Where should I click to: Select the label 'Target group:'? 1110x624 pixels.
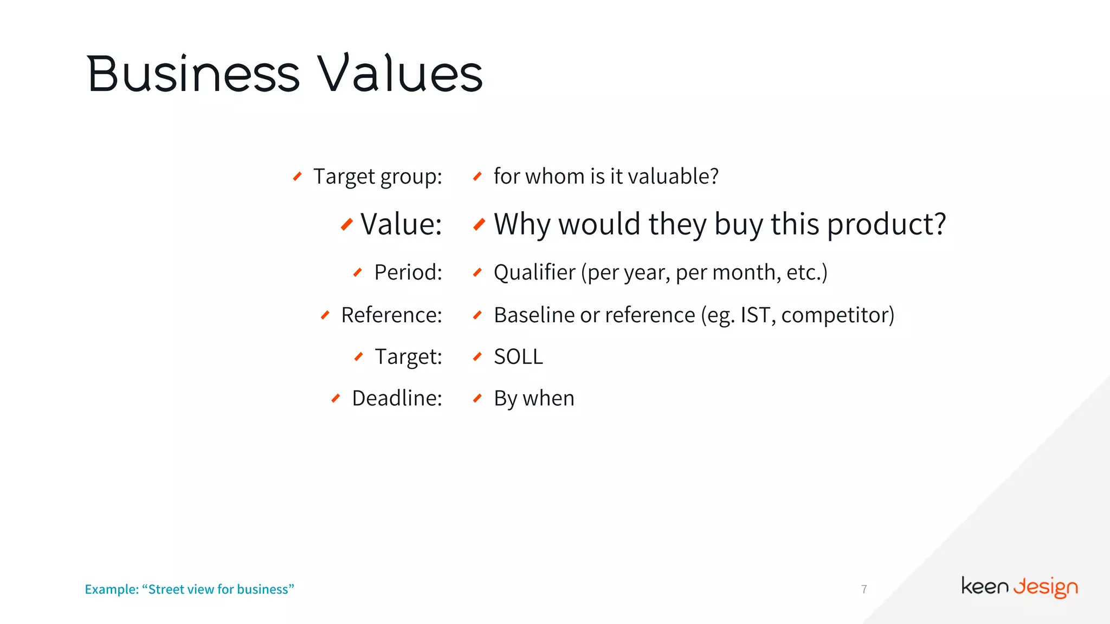coord(378,177)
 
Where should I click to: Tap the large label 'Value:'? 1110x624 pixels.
coord(401,224)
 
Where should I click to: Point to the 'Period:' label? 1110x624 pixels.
coord(408,272)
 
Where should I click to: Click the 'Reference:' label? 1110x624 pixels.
coord(391,315)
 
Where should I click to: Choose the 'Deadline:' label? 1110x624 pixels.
coord(397,398)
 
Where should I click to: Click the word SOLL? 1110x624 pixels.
coord(518,356)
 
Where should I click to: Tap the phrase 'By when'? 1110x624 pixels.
coord(534,398)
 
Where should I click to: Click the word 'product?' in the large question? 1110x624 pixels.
coord(887,224)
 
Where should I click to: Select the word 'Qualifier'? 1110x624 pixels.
coord(534,272)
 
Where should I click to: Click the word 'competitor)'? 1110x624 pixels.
coord(837,315)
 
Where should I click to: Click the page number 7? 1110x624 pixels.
coord(864,589)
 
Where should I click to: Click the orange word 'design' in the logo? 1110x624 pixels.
coord(1046,587)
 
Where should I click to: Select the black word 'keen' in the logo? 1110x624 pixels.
coord(985,586)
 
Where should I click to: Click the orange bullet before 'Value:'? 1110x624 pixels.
coord(347,224)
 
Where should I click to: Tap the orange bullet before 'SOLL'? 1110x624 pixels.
coord(477,356)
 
